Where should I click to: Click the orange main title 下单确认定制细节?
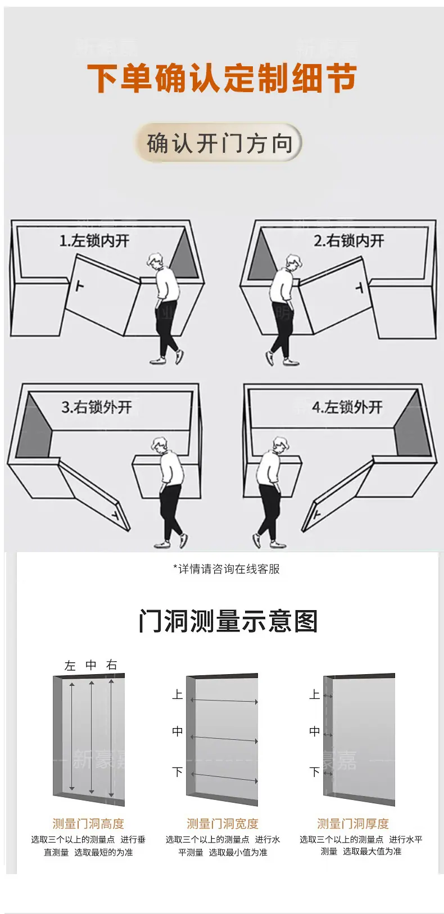(x=222, y=78)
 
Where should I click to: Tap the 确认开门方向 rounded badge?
(x=219, y=143)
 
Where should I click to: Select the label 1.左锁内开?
(x=94, y=241)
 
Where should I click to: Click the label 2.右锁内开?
(x=348, y=241)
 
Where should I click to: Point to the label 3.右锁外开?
(x=97, y=407)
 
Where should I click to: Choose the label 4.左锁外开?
(x=347, y=407)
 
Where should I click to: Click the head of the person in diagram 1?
(x=156, y=261)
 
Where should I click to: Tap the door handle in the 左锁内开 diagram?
(x=80, y=285)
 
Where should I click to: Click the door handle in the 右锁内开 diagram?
(x=360, y=288)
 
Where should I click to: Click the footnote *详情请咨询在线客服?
(x=226, y=569)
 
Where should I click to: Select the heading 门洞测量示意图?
(x=228, y=621)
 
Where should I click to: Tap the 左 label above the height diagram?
(x=70, y=666)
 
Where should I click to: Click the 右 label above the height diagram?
(x=112, y=665)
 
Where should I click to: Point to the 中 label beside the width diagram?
(x=178, y=731)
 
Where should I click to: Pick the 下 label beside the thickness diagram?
(x=315, y=772)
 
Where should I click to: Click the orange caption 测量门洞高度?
(x=88, y=824)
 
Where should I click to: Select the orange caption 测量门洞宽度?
(x=223, y=824)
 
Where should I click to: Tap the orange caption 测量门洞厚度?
(x=353, y=824)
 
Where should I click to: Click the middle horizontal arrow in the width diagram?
(x=224, y=739)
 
